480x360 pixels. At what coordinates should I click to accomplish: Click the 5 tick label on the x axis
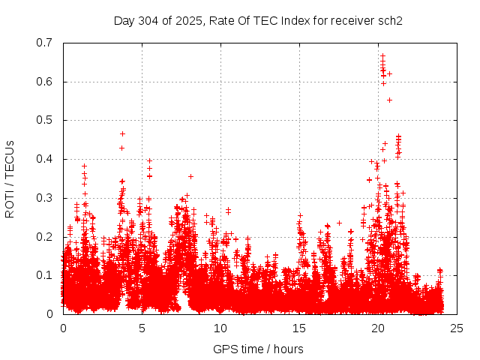pyautogui.click(x=142, y=328)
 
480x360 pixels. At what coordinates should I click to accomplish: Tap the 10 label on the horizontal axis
pyautogui.click(x=220, y=328)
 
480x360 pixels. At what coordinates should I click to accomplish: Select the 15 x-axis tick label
pyautogui.click(x=299, y=328)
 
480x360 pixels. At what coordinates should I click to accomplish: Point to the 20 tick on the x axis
pyautogui.click(x=378, y=328)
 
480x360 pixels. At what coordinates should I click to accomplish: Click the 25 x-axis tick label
pyautogui.click(x=457, y=328)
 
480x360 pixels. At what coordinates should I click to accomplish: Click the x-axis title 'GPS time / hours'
pyautogui.click(x=258, y=349)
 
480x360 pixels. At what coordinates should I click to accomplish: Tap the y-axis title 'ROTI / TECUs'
pyautogui.click(x=10, y=178)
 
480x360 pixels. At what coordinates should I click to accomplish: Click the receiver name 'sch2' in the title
pyautogui.click(x=390, y=20)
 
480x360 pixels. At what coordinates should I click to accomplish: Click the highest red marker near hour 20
pyautogui.click(x=382, y=55)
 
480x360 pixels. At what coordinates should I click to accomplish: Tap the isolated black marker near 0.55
pyautogui.click(x=389, y=100)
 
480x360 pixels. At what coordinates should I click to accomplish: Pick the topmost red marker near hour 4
pyautogui.click(x=122, y=133)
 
